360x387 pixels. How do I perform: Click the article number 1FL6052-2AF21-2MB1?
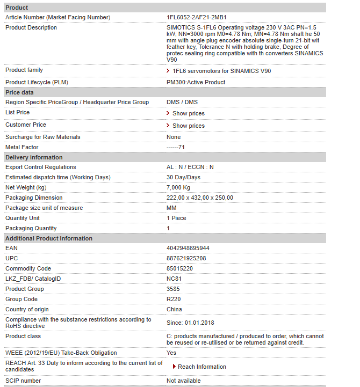point(196,18)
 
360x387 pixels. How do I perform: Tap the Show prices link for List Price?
point(188,113)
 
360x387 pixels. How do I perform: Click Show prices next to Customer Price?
point(188,126)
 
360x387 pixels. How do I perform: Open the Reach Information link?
point(201,367)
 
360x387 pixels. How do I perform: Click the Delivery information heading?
point(34,157)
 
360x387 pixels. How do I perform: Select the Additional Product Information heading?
point(49,238)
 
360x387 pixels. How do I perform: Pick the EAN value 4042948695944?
point(188,249)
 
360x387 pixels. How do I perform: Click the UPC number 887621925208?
point(186,259)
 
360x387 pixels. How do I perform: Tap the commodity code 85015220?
point(179,269)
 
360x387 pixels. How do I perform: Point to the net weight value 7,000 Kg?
point(178,188)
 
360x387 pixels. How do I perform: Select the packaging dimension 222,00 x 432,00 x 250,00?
point(200,198)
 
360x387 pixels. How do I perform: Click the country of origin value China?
point(174,310)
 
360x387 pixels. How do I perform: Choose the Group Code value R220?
point(173,300)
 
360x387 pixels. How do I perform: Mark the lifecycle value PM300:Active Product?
point(196,82)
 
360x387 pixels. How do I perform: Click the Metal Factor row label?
point(22,147)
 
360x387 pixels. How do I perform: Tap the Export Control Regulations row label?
point(41,167)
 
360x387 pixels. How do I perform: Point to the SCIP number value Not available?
point(184,381)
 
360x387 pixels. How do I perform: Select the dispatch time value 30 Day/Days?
point(183,178)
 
